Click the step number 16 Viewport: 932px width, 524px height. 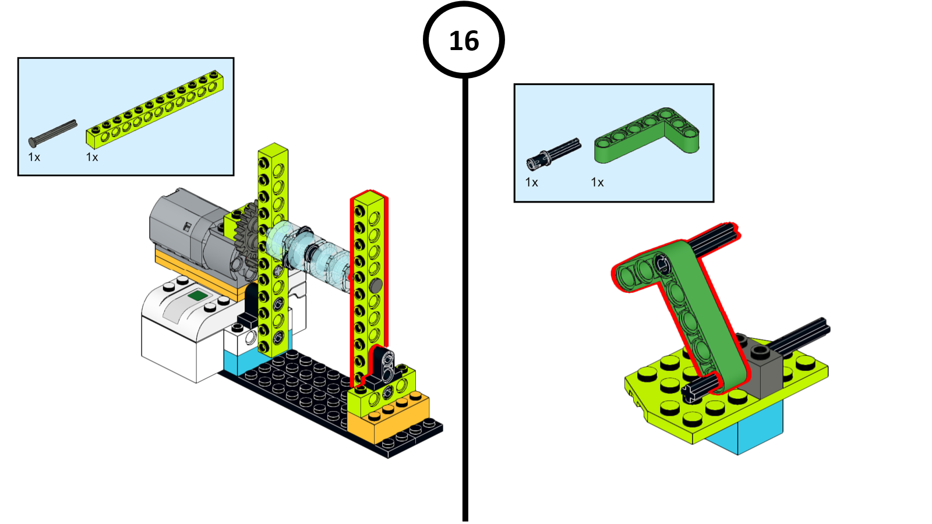(x=464, y=41)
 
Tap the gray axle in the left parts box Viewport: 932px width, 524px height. (x=52, y=132)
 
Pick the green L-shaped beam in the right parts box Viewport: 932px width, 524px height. (x=647, y=133)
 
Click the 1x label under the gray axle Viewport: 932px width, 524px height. (x=34, y=157)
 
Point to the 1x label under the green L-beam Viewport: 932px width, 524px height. (x=598, y=182)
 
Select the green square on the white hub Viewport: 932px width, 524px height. (x=197, y=296)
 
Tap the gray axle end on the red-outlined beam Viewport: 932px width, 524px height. (x=376, y=285)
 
